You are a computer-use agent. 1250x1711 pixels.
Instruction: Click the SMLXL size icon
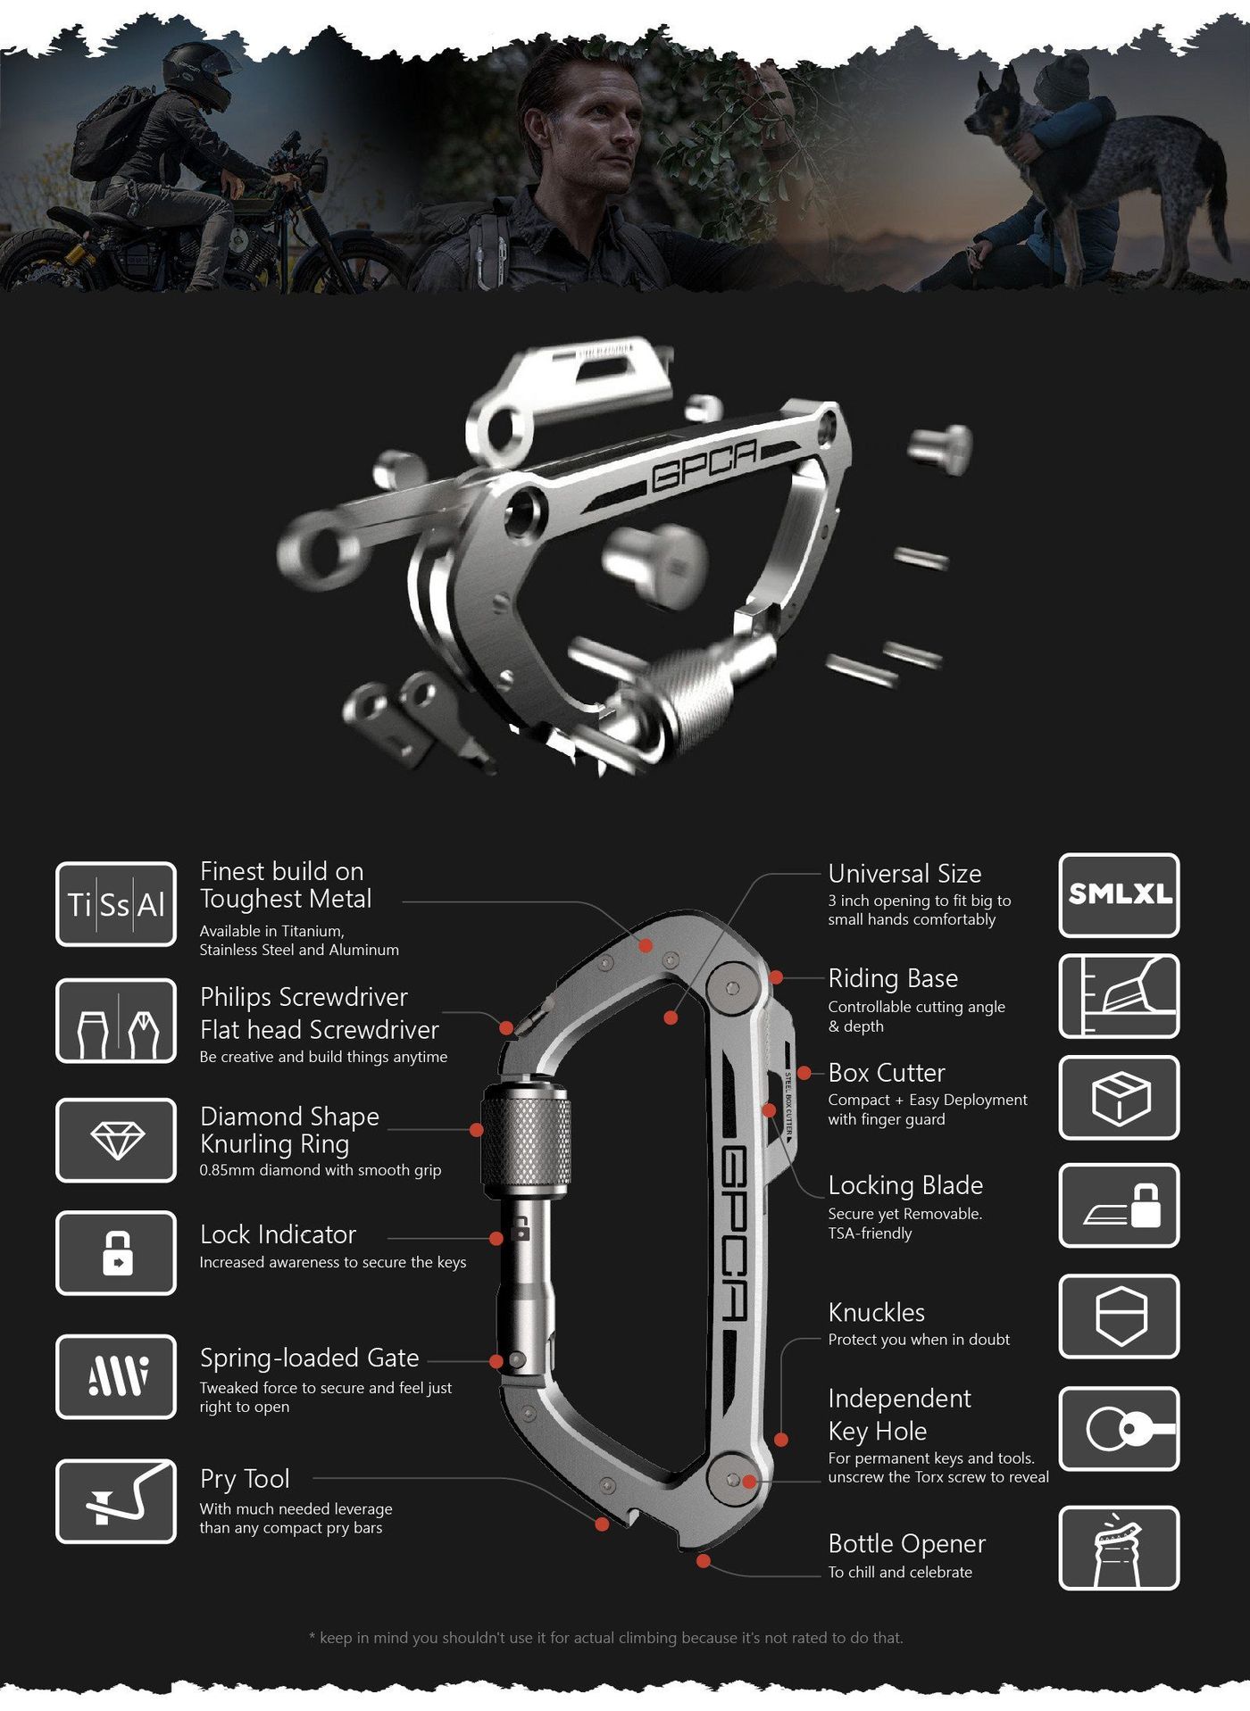[x=1119, y=894]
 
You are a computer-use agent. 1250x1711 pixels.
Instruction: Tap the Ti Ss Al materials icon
[x=116, y=904]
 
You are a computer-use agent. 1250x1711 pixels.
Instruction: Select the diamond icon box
[x=116, y=1140]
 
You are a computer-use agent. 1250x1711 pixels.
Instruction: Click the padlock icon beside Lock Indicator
[x=116, y=1252]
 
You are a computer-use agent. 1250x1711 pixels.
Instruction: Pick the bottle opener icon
[x=1119, y=1548]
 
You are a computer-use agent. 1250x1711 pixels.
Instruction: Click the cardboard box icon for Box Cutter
[x=1119, y=1097]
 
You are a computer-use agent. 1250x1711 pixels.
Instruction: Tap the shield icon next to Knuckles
[x=1119, y=1316]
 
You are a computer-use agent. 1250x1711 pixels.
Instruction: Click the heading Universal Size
[x=904, y=874]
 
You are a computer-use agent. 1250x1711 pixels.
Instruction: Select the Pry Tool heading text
[x=245, y=1480]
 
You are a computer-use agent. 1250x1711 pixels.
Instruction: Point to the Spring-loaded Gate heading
[x=309, y=1358]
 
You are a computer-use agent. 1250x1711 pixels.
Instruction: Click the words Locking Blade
[x=905, y=1185]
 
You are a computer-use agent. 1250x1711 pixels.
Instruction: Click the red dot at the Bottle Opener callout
[x=704, y=1561]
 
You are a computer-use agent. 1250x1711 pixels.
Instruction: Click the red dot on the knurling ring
[x=477, y=1130]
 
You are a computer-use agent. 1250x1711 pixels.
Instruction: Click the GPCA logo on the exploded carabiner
[x=704, y=463]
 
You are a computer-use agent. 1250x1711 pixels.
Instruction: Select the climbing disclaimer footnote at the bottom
[x=606, y=1638]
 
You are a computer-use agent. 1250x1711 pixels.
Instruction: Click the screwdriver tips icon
[x=116, y=1021]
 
